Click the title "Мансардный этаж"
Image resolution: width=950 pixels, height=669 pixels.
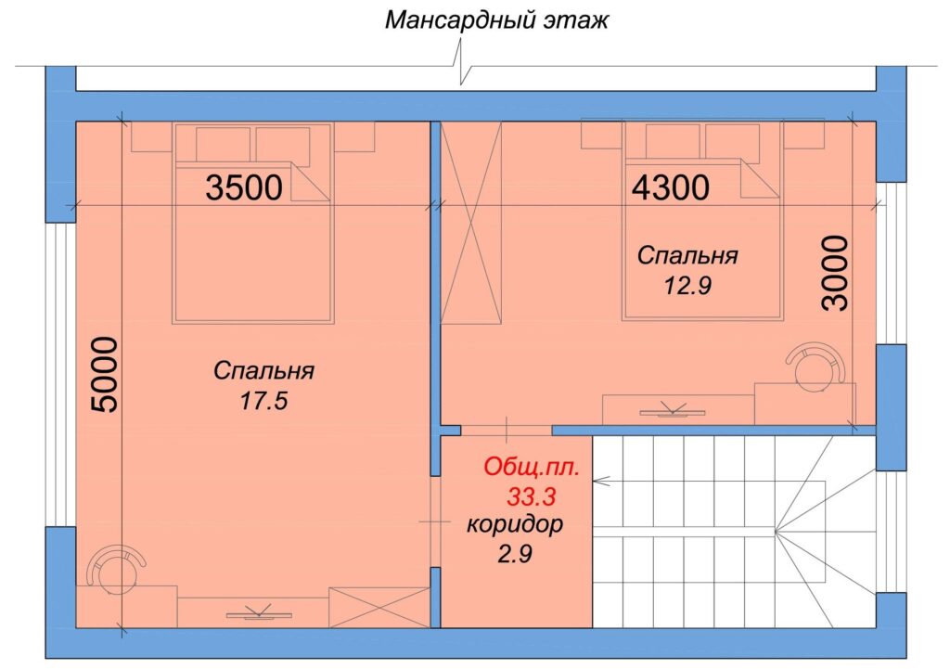[497, 20]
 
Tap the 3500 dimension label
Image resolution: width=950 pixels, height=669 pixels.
[244, 187]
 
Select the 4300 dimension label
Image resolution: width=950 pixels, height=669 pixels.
[671, 187]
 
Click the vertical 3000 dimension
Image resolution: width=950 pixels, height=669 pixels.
[836, 274]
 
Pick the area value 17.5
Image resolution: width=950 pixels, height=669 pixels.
[263, 401]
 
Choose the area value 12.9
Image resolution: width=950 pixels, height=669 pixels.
[687, 285]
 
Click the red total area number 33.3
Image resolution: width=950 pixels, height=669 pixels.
[532, 497]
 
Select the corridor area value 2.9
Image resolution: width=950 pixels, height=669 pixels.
[515, 554]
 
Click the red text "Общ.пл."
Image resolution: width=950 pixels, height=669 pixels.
[532, 468]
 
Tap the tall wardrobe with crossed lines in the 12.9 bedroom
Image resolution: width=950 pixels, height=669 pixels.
[471, 223]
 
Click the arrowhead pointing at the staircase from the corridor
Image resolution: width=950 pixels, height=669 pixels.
[601, 482]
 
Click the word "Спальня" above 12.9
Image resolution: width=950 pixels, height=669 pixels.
[687, 256]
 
